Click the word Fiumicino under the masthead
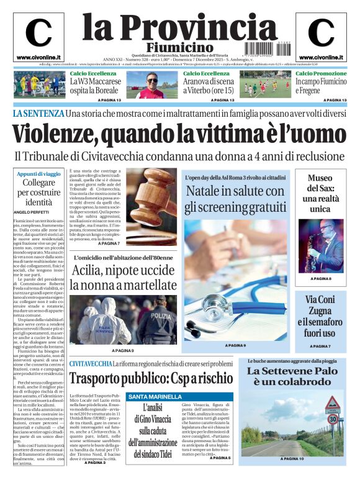tap(179, 47)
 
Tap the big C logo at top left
tap(38, 33)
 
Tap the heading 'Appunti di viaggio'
tap(39, 174)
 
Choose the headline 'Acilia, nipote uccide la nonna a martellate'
tap(123, 278)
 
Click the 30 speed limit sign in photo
tap(332, 418)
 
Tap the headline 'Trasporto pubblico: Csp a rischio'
tap(151, 378)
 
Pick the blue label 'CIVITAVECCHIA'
tap(91, 363)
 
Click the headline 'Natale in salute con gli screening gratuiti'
tap(235, 198)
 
